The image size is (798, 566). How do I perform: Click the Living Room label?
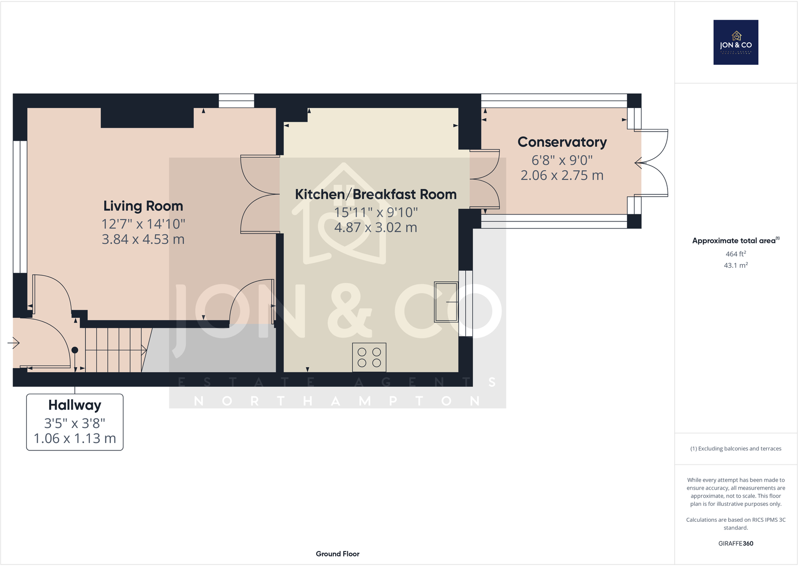click(143, 206)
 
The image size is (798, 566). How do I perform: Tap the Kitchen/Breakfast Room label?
click(375, 194)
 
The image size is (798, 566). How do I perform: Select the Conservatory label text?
click(562, 142)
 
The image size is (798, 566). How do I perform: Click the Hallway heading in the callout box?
click(75, 405)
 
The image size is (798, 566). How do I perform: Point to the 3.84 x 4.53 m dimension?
click(143, 239)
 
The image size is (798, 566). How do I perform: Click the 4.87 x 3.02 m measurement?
click(375, 228)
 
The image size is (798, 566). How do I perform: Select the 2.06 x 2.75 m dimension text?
click(562, 175)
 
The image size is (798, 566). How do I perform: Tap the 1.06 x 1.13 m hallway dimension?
click(75, 438)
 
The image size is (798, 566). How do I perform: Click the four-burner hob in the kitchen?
click(369, 357)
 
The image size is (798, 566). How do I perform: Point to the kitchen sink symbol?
click(446, 302)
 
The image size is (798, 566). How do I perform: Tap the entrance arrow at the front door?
click(14, 344)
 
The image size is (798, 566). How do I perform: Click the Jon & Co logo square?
click(735, 42)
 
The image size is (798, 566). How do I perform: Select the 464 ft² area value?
click(735, 254)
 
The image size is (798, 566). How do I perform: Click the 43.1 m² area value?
click(735, 265)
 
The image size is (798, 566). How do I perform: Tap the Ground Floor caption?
click(337, 553)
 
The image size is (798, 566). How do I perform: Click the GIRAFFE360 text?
click(735, 543)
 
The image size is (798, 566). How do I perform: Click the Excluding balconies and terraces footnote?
click(735, 448)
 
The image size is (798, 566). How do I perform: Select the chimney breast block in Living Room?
click(147, 118)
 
